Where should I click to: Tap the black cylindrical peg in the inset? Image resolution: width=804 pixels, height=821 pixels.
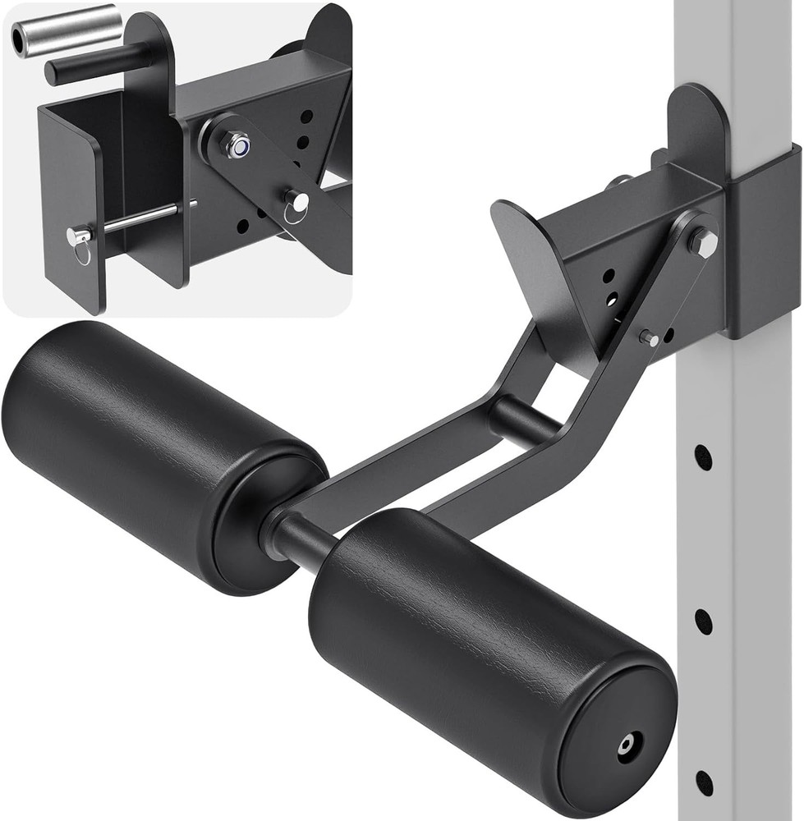pyautogui.click(x=99, y=65)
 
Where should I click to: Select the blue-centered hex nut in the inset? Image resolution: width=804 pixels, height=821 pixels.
pyautogui.click(x=238, y=146)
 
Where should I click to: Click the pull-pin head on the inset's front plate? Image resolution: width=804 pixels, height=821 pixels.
pyautogui.click(x=79, y=237)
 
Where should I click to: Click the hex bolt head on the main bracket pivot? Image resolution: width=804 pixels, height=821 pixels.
pyautogui.click(x=703, y=241)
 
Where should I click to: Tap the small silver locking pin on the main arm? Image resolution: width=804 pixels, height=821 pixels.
pyautogui.click(x=648, y=337)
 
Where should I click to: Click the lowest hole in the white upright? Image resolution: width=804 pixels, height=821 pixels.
pyautogui.click(x=704, y=782)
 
